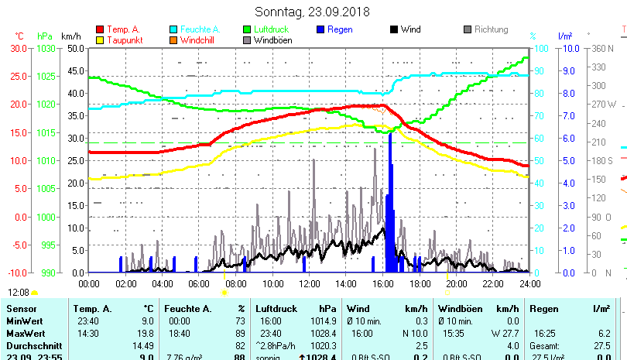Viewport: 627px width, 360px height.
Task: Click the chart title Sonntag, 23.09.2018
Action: pos(313,12)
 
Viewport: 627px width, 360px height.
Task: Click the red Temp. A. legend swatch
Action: pos(100,29)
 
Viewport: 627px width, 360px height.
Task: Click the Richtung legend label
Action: pos(491,29)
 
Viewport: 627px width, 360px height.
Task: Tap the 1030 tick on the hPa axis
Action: pos(46,48)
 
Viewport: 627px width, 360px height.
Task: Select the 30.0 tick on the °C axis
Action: pos(19,48)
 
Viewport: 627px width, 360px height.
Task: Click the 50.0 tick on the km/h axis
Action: pos(74,48)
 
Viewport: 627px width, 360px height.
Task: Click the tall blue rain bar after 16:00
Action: pos(390,201)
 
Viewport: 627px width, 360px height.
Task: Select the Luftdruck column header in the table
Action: pos(276,309)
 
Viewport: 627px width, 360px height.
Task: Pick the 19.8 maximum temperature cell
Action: pos(145,332)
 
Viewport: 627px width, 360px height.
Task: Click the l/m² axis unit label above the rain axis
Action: pos(565,36)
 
